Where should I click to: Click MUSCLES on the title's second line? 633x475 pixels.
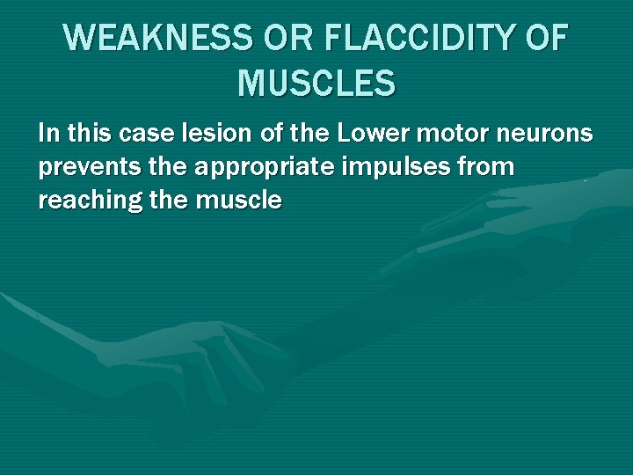click(x=316, y=84)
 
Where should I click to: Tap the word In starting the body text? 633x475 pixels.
click(x=48, y=134)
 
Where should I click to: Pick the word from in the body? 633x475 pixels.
click(x=489, y=167)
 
